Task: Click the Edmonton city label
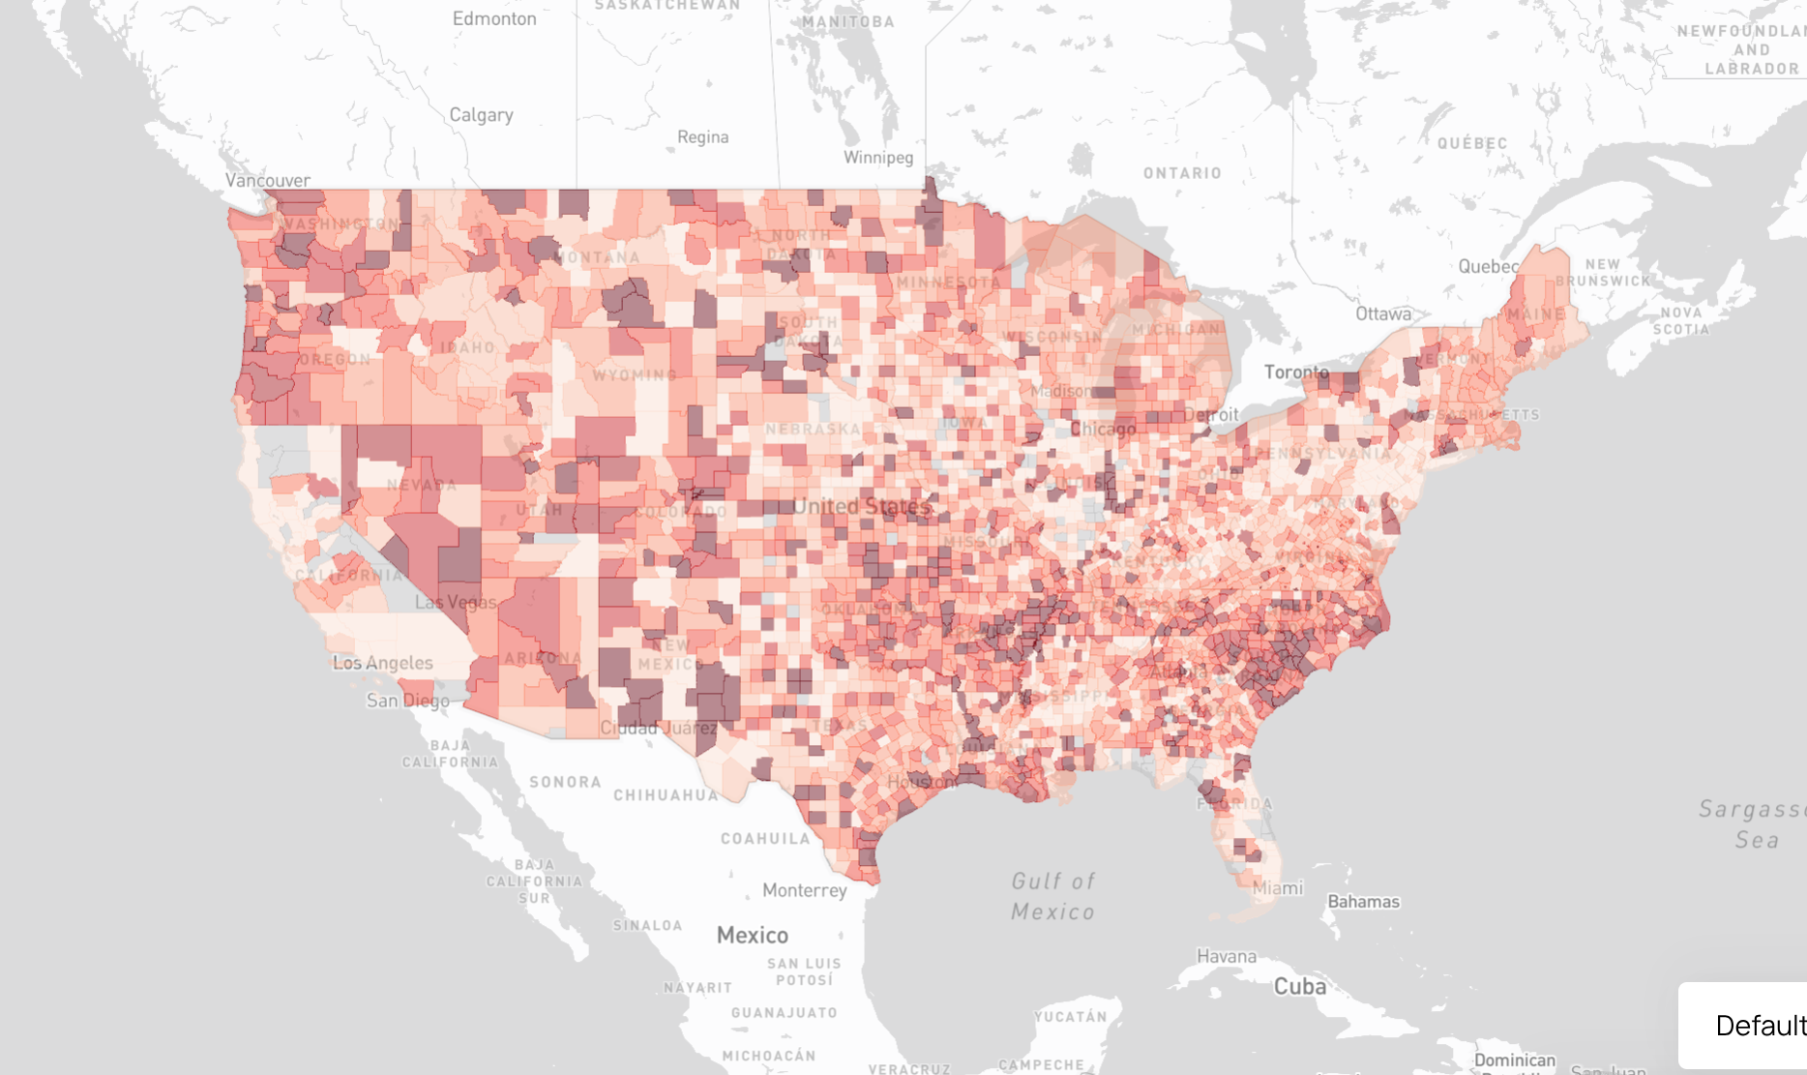[x=494, y=18]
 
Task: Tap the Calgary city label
[x=481, y=115]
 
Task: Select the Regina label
[x=703, y=137]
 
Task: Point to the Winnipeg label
[x=878, y=158]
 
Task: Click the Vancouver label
[x=268, y=180]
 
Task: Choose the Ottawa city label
[x=1383, y=314]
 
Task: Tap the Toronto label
[x=1296, y=373]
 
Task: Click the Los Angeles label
[x=383, y=663]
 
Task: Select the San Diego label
[x=407, y=701]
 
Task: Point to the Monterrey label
[x=804, y=890]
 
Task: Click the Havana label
[x=1227, y=956]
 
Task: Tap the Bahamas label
[x=1363, y=902]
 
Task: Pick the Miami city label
[x=1278, y=888]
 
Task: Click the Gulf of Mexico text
[x=1052, y=896]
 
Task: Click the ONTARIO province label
[x=1182, y=173]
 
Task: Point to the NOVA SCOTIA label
[x=1681, y=321]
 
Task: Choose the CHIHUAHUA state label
[x=667, y=795]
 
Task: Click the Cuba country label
[x=1300, y=987]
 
